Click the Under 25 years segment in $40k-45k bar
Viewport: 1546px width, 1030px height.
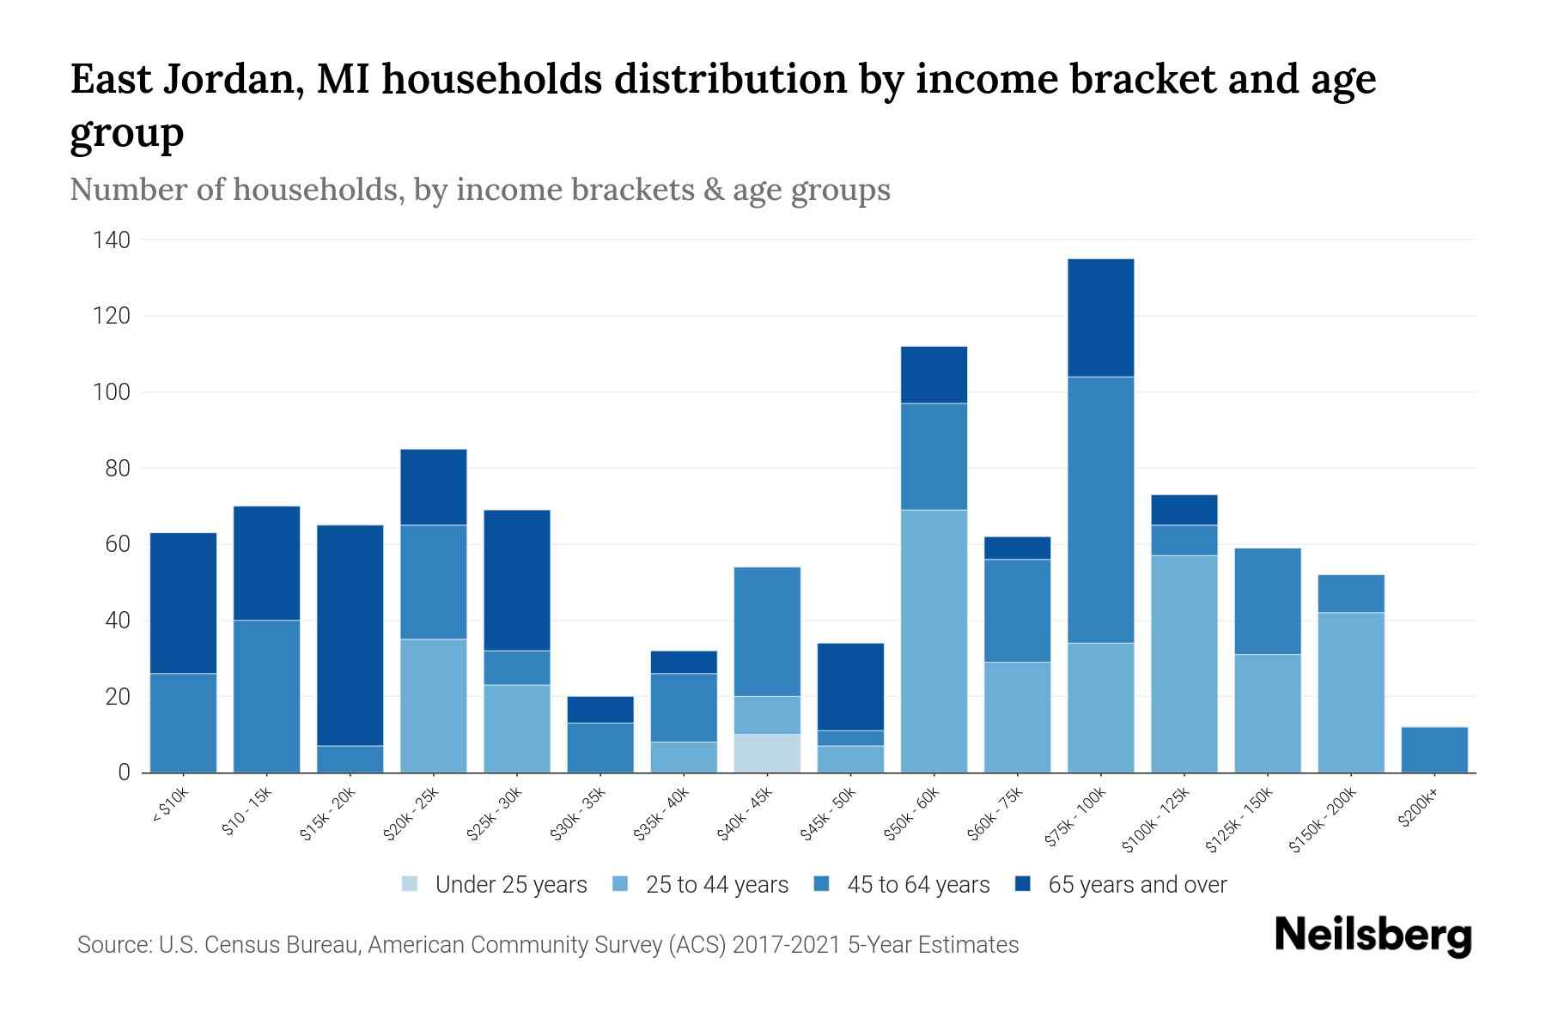767,753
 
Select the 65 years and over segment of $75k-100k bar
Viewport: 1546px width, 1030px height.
1100,318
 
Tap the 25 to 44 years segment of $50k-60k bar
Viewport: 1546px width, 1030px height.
934,641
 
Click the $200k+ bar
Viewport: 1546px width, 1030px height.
1434,749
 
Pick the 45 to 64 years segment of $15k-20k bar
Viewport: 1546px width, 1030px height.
350,759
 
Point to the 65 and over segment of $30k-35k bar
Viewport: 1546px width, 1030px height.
600,709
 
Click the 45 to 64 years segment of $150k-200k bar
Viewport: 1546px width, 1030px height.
1351,593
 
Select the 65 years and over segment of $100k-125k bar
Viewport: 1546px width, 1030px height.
1184,510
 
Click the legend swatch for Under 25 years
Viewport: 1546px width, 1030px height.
411,884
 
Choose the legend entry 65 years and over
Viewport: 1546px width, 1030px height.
1137,885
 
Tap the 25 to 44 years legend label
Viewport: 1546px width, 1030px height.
716,885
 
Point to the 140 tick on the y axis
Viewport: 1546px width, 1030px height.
112,240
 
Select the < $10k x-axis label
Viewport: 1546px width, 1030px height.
170,807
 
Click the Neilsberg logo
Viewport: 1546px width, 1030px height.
1373,936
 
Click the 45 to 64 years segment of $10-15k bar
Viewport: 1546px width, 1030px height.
267,695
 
